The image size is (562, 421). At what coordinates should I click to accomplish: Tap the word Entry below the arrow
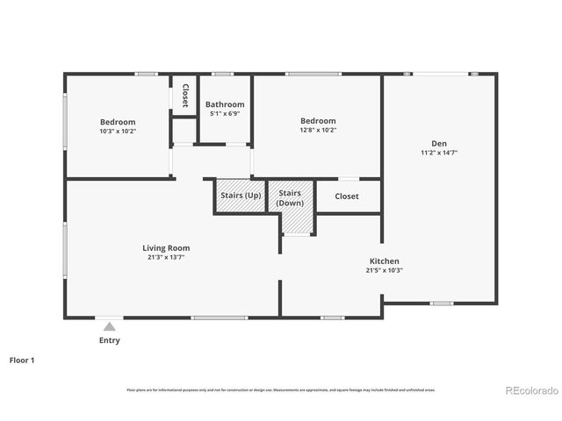click(x=109, y=340)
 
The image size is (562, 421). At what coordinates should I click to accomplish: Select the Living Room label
click(x=166, y=247)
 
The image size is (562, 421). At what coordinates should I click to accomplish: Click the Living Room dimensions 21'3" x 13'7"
click(x=166, y=258)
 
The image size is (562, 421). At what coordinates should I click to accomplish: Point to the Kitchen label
click(x=384, y=261)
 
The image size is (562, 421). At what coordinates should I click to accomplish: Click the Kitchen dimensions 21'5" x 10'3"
click(x=384, y=271)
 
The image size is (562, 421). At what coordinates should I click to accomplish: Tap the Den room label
click(x=439, y=143)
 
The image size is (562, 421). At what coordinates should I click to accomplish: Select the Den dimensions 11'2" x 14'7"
click(x=439, y=153)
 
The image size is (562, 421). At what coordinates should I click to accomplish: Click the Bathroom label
click(x=225, y=103)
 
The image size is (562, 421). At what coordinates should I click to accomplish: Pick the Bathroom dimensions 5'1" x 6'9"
click(x=225, y=113)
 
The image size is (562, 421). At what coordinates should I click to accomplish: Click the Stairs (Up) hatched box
click(x=240, y=196)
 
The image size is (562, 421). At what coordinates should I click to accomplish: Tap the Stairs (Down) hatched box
click(x=290, y=198)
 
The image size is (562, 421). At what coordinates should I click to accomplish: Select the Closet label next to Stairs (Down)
click(x=347, y=196)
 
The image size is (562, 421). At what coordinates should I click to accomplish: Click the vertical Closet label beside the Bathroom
click(x=185, y=96)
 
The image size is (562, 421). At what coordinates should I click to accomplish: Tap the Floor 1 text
click(x=22, y=360)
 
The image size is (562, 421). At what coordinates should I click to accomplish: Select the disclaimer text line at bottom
click(x=280, y=389)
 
